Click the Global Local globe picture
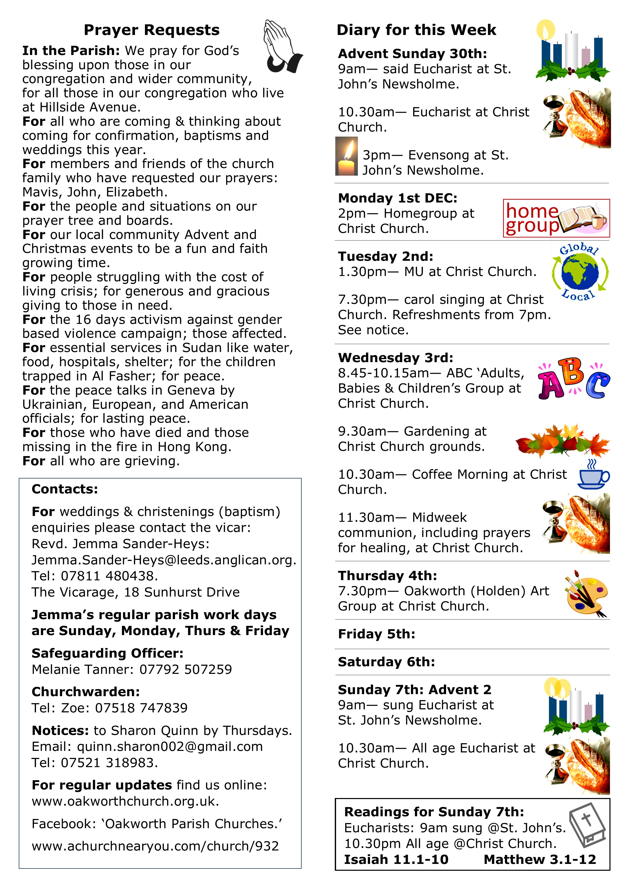580,272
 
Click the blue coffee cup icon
593,475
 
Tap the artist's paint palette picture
587,593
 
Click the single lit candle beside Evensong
346,156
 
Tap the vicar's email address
164,560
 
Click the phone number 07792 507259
186,670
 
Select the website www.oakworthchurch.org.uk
125,801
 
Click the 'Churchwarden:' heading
86,692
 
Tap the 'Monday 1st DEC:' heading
398,198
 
